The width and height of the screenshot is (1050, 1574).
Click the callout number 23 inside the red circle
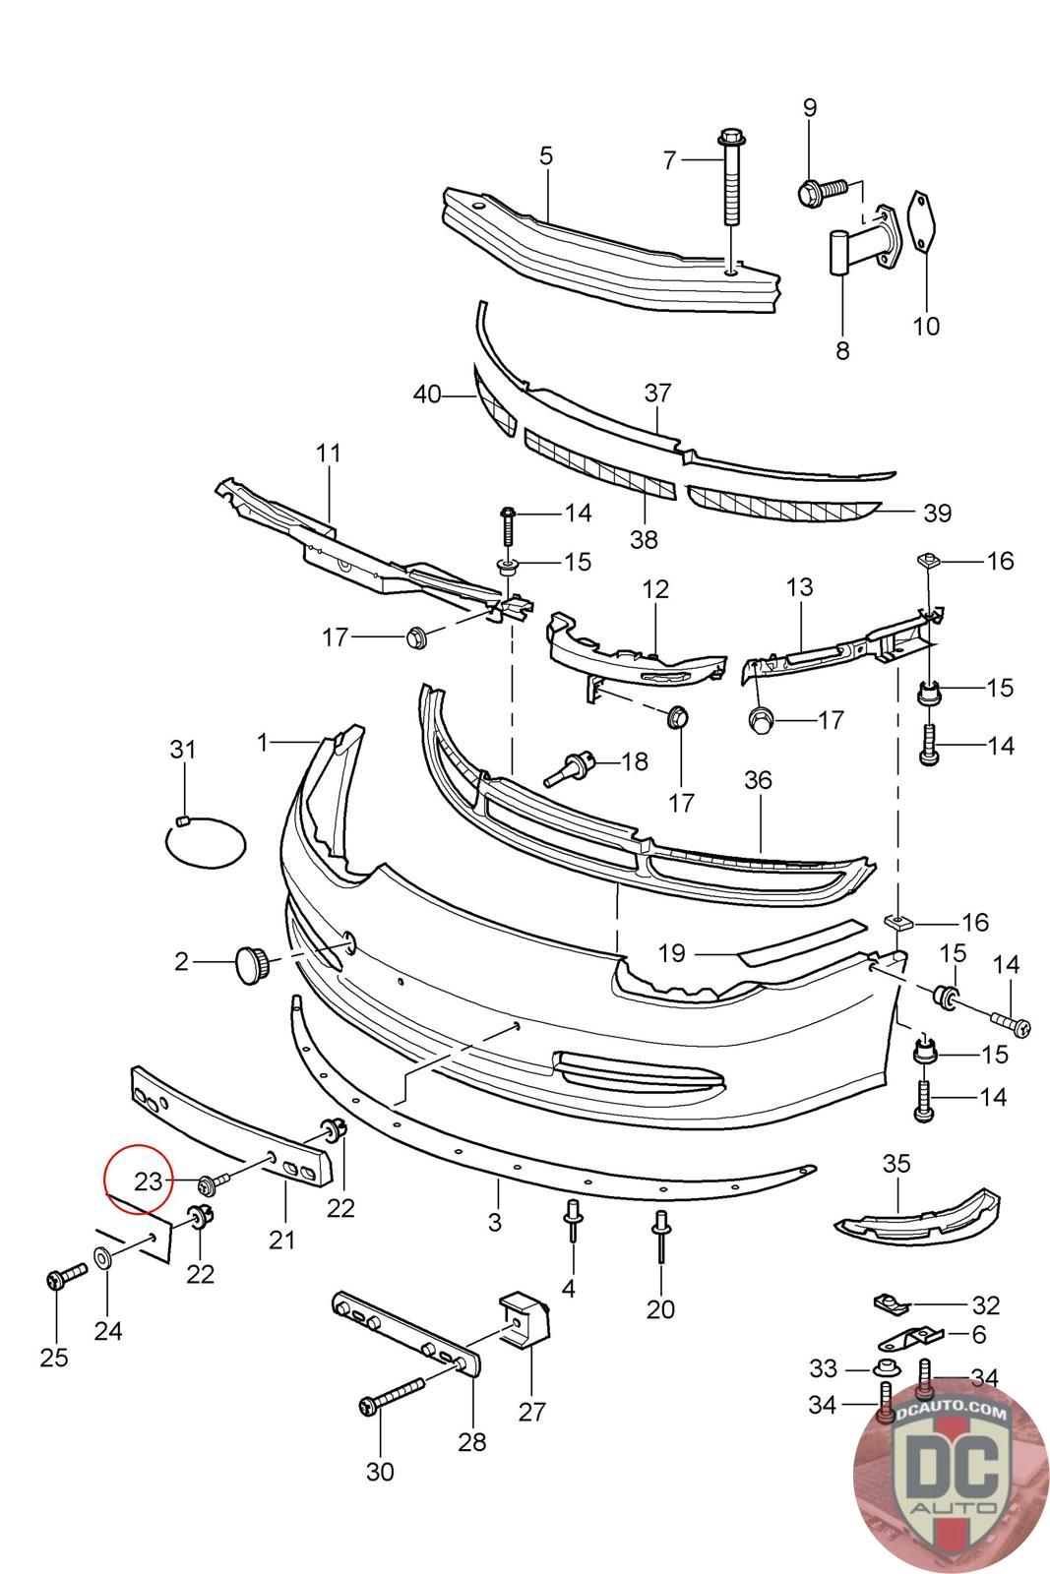(149, 1181)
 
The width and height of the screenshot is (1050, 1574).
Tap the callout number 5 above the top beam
(546, 156)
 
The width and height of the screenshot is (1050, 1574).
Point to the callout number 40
(427, 394)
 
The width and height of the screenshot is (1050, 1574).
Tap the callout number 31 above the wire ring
(183, 749)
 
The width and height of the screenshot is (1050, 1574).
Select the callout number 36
(759, 779)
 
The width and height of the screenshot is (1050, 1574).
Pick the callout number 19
(671, 953)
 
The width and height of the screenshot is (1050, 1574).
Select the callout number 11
(329, 453)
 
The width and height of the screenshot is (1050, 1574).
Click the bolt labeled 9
(824, 191)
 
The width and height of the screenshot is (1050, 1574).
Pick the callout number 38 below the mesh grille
(644, 539)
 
